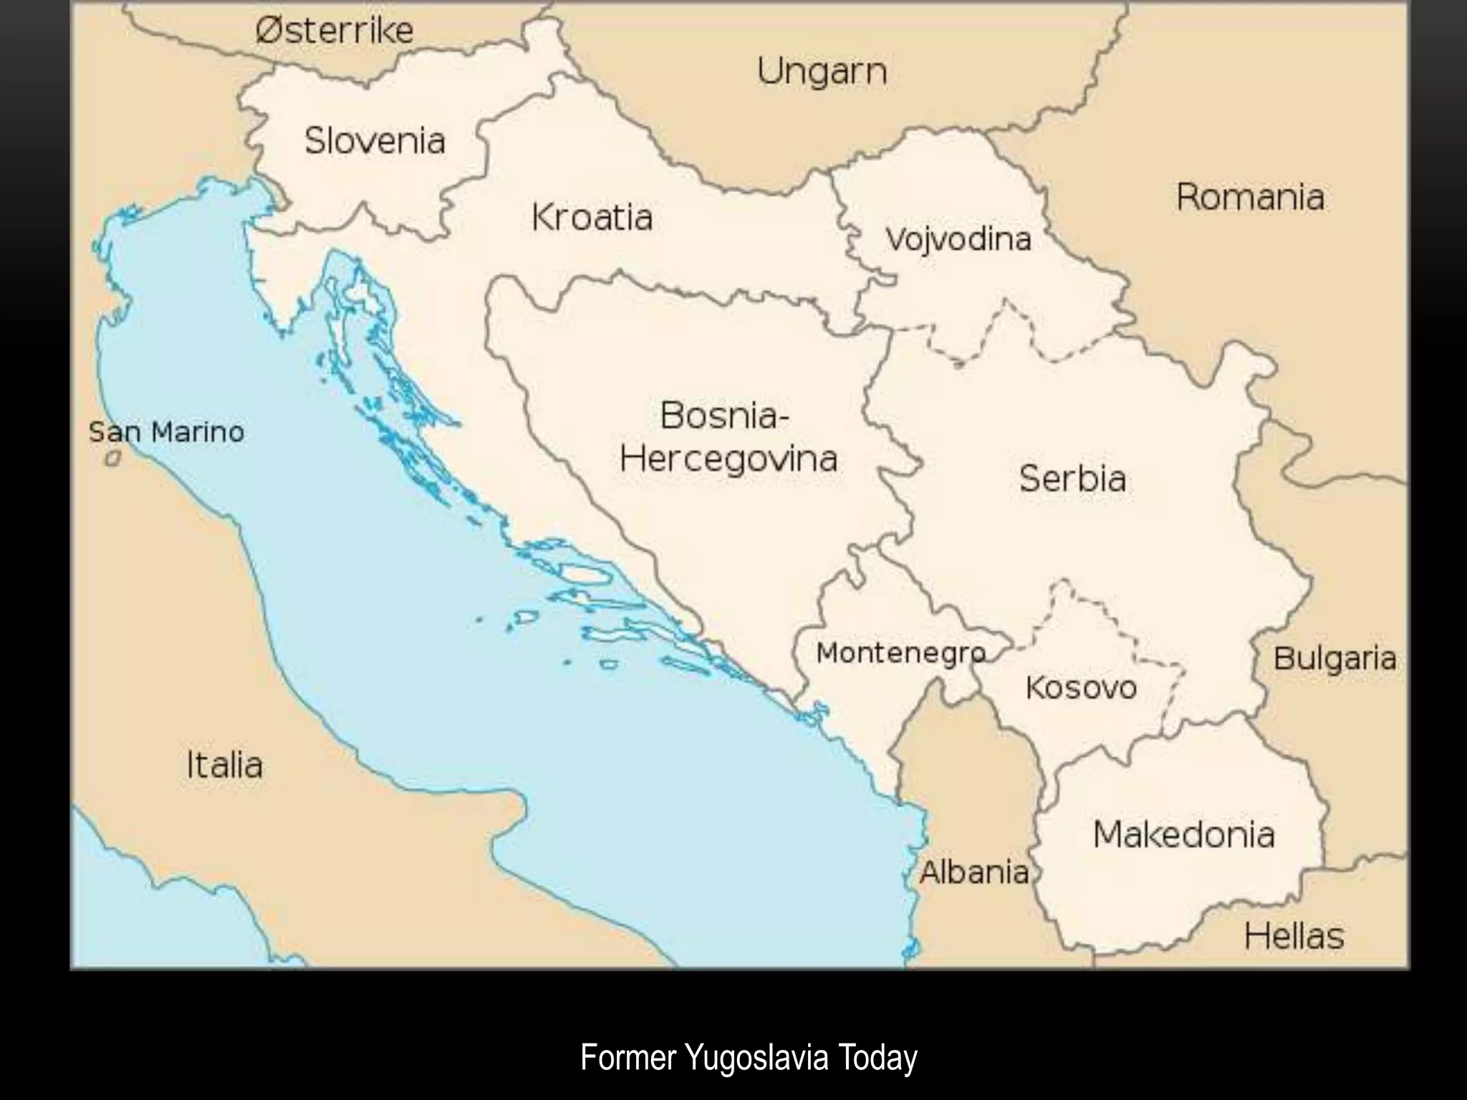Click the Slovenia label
(x=375, y=140)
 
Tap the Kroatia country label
(x=592, y=218)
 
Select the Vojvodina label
(x=958, y=239)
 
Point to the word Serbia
(x=1072, y=478)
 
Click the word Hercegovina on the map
(x=728, y=459)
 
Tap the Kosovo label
(x=1081, y=688)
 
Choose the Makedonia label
(x=1183, y=835)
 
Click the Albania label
(x=974, y=872)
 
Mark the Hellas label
(x=1294, y=936)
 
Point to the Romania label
(x=1250, y=198)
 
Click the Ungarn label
(x=822, y=72)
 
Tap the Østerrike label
(x=335, y=31)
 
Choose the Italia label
(x=224, y=765)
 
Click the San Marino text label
(x=166, y=433)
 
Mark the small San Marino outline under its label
(x=112, y=459)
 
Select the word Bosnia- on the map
(x=723, y=415)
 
